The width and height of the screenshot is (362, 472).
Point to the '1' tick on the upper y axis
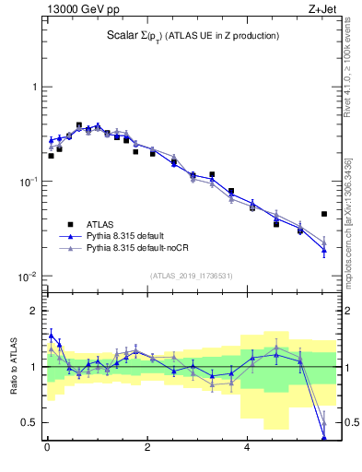pyautogui.click(x=33, y=87)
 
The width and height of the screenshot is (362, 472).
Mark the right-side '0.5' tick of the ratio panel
pyautogui.click(x=348, y=422)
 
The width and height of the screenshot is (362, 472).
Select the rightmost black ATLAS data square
pyautogui.click(x=324, y=214)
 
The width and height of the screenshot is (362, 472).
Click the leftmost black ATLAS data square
pyautogui.click(x=51, y=156)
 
